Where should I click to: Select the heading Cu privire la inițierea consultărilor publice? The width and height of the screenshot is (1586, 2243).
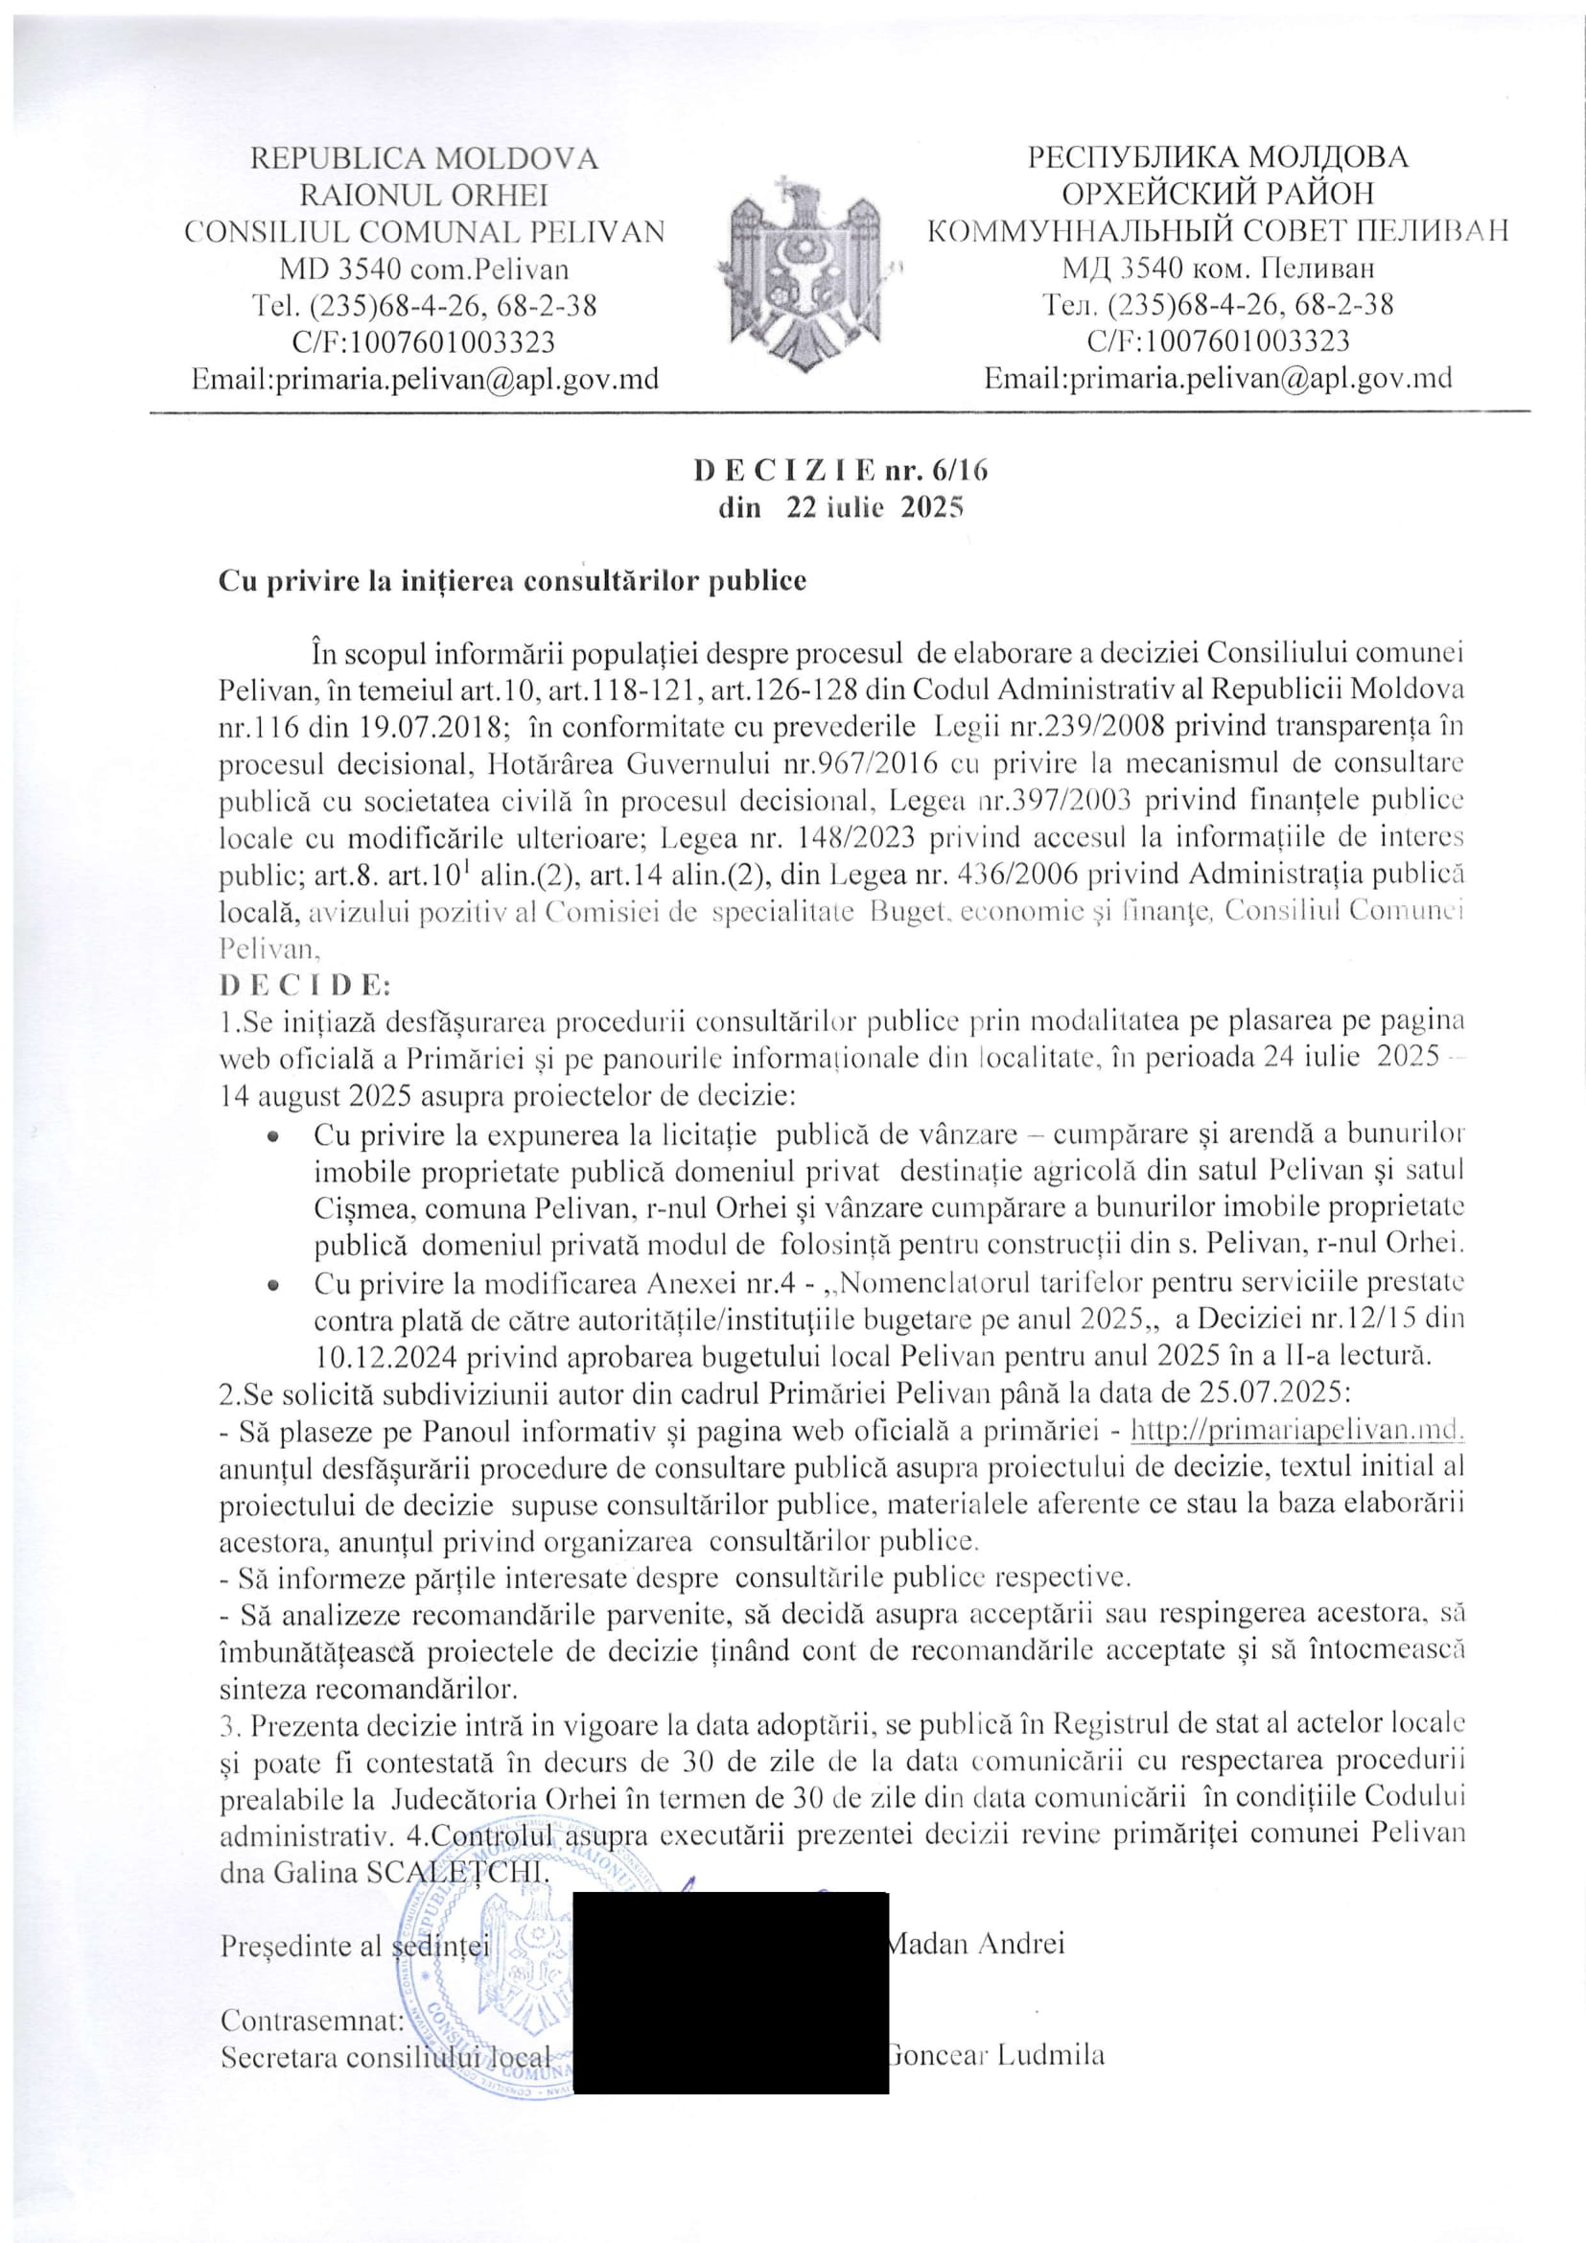(x=513, y=580)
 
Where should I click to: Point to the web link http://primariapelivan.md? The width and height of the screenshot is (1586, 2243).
(x=1297, y=1430)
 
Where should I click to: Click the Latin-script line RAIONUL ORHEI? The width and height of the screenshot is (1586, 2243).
(x=424, y=195)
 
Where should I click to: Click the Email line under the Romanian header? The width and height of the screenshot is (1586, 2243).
(x=424, y=378)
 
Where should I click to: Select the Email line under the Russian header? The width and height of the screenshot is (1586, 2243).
(x=1217, y=378)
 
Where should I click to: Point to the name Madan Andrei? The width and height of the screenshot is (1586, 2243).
(x=973, y=1943)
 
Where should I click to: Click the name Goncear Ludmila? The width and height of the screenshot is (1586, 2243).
(x=998, y=2055)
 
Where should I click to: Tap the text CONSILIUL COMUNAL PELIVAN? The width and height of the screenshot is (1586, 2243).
(x=424, y=231)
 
